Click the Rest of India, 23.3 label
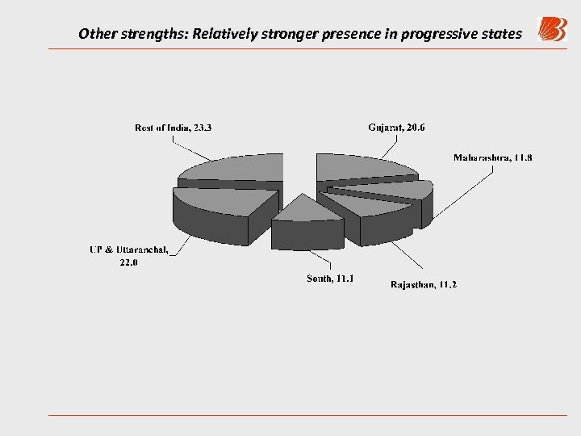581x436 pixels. click(173, 127)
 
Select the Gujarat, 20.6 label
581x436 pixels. click(396, 127)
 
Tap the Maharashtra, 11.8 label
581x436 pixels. click(492, 157)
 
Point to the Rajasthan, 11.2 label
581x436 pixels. click(424, 284)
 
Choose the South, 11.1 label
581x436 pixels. click(331, 279)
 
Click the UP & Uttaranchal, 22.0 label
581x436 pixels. click(129, 255)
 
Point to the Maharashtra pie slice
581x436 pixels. click(395, 189)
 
